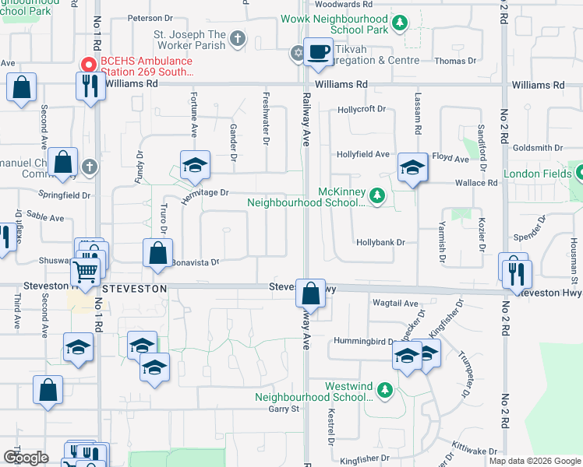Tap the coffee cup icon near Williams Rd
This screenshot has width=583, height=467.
pos(317,52)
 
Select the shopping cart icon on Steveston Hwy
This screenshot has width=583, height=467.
pos(86,272)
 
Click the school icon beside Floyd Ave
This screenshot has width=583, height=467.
pos(412,167)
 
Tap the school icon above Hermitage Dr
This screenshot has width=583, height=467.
pos(195,165)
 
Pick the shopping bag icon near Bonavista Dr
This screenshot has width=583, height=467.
pos(157,252)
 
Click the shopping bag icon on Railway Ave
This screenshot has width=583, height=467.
pos(310,293)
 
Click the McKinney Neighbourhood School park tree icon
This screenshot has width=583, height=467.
pos(377,195)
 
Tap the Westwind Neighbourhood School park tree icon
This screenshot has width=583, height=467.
pos(383,388)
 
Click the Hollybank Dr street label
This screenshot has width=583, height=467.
pos(381,242)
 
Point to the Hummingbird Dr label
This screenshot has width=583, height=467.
pos(364,341)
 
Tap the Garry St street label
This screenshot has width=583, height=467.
pos(284,409)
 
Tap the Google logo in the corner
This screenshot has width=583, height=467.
pos(26,458)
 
